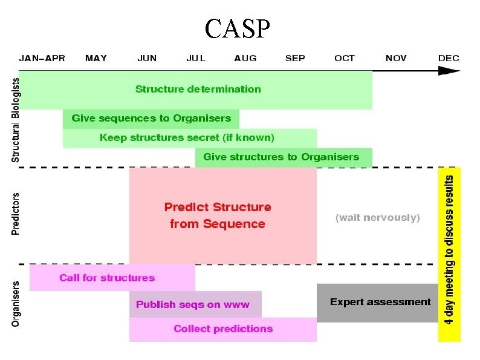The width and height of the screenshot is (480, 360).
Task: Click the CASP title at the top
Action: coord(237,28)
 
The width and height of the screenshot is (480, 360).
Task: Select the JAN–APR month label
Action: coord(42,59)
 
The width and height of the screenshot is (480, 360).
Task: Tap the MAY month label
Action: coord(96,59)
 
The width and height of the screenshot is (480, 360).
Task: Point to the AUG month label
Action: coord(245,59)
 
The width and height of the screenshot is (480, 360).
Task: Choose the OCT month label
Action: coord(345,59)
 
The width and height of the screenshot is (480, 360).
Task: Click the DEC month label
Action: coord(449,59)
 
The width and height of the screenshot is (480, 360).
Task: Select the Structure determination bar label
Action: coord(198,90)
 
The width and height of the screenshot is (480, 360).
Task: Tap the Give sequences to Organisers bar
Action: coord(151,119)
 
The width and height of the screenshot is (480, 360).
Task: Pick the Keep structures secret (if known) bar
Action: coord(187,138)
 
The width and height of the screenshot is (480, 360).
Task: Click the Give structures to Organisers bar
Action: coord(281,157)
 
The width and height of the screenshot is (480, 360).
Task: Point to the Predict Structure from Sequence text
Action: coord(218,215)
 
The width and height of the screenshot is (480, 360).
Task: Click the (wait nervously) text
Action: coord(377,218)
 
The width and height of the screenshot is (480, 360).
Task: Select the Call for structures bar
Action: coord(107,278)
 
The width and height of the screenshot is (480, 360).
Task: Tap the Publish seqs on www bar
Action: coord(193,304)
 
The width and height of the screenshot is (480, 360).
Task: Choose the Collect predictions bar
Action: coord(223,329)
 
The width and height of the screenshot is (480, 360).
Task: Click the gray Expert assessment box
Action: coord(380,302)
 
